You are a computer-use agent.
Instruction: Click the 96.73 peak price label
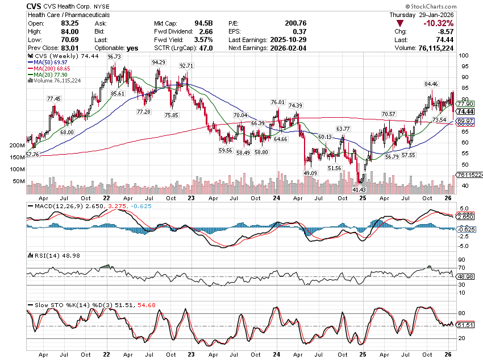tap(114, 57)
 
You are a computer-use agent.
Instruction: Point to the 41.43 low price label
tap(360, 189)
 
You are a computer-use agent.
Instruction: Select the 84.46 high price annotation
tap(431, 84)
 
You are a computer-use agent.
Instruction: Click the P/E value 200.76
tap(295, 23)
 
